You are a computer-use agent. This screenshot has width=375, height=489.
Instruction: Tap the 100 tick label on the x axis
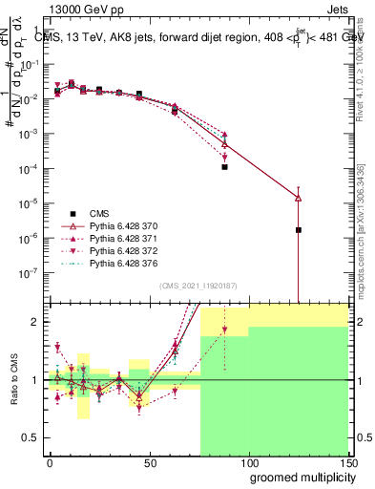point(248,461)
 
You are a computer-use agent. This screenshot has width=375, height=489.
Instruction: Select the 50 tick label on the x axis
point(149,461)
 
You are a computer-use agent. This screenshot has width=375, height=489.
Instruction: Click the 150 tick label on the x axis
point(347,461)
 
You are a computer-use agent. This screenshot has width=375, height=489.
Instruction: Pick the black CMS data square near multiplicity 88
point(224,167)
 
